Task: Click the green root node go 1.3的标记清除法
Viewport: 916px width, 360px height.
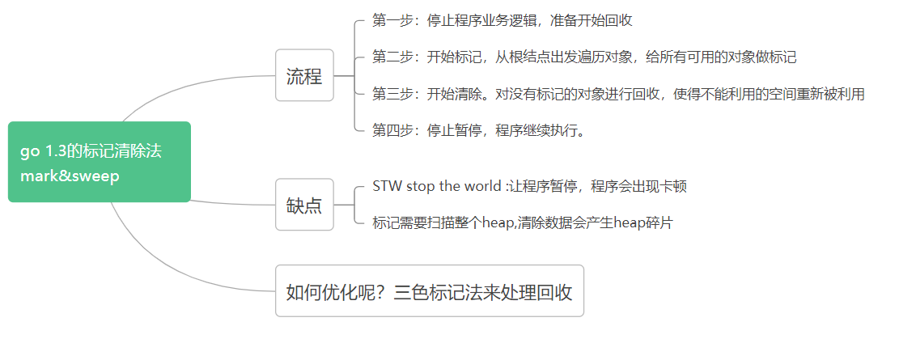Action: point(99,162)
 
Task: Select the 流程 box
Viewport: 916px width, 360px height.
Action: point(304,77)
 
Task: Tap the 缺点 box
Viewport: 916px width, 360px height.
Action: point(304,205)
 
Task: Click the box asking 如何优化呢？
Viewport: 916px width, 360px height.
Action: point(429,291)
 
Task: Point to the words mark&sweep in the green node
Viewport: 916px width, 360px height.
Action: point(70,176)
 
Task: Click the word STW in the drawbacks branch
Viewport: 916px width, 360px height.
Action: point(386,186)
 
